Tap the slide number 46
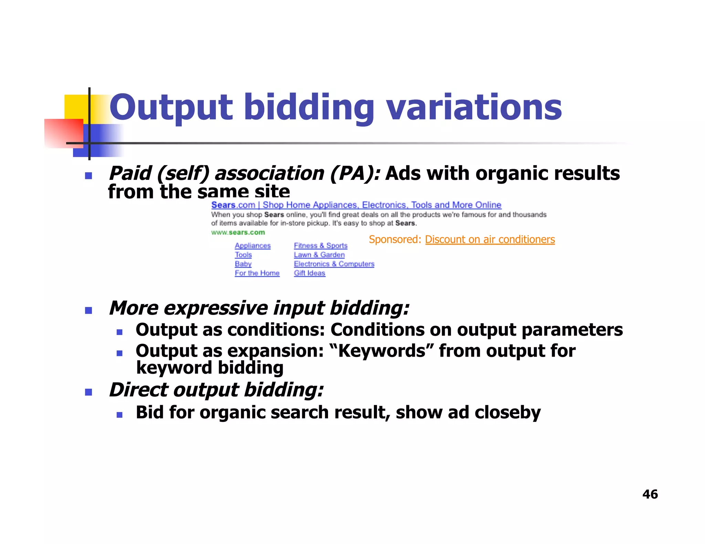(650, 494)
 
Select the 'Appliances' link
(253, 246)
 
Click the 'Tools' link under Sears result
(243, 255)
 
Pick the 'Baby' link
(243, 264)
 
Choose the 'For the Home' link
(257, 273)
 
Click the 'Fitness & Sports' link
(320, 246)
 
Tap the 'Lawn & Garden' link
(319, 255)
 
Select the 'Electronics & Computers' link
(334, 264)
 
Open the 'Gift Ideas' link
(309, 273)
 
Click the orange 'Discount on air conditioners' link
(490, 239)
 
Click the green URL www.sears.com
(238, 232)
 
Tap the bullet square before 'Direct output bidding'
(88, 392)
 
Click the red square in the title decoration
(64, 133)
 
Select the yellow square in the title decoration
(76, 107)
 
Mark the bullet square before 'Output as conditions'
(119, 332)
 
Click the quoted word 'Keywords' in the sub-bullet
(382, 351)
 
